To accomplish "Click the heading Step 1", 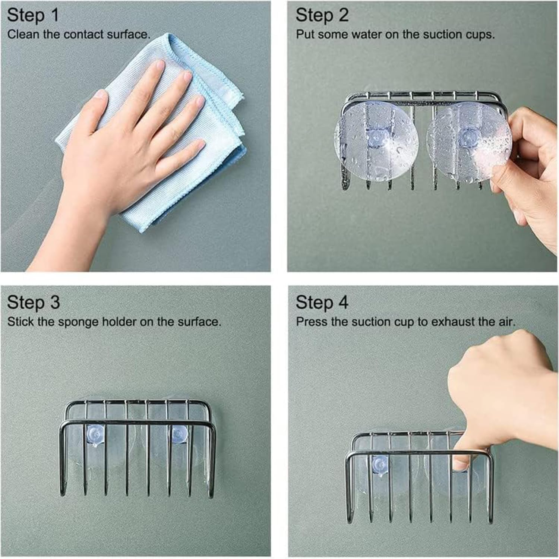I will [x=33, y=15].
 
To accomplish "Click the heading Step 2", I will [x=322, y=15].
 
